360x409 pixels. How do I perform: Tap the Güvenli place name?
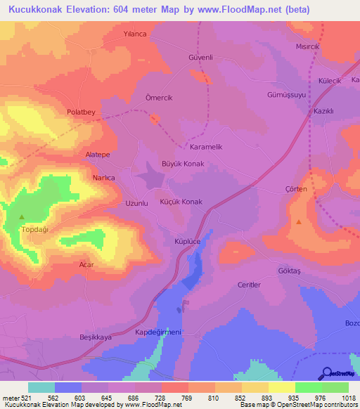pos(200,57)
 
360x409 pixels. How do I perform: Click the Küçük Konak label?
pos(181,202)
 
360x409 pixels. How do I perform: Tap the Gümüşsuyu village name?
pos(287,94)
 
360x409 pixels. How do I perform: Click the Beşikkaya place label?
pos(95,337)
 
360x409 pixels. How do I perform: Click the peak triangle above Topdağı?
pos(21,216)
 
